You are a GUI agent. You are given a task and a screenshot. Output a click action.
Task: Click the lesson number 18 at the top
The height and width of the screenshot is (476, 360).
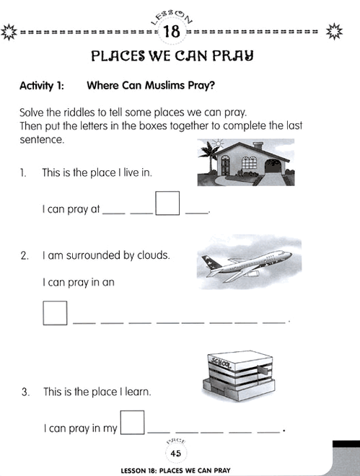[x=172, y=32]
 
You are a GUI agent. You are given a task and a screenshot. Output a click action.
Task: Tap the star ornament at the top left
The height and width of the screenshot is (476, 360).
[x=9, y=32]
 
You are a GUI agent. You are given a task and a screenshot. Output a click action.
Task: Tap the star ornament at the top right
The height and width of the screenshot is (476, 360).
[x=334, y=31]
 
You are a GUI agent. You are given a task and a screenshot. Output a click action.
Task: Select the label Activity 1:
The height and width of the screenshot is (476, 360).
[x=42, y=86]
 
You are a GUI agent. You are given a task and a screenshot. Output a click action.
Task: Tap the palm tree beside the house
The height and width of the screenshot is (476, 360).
[x=207, y=157]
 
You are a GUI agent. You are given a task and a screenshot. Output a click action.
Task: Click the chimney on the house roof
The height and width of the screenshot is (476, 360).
[x=258, y=146]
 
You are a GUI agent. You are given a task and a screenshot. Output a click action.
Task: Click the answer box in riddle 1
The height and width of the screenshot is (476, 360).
[x=167, y=203]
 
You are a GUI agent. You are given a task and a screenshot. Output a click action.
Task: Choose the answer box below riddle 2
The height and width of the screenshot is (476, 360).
[x=55, y=313]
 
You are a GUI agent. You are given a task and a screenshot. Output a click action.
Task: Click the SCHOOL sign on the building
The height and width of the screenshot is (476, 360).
[x=219, y=362]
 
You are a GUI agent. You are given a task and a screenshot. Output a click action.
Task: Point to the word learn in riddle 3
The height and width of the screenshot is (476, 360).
[x=138, y=392]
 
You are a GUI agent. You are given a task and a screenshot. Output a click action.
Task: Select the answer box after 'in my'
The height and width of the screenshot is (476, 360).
[x=132, y=422]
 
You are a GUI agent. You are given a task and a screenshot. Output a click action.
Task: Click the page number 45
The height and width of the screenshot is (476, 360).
[x=176, y=454]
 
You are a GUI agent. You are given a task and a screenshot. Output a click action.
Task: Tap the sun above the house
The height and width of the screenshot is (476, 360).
[x=218, y=143]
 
